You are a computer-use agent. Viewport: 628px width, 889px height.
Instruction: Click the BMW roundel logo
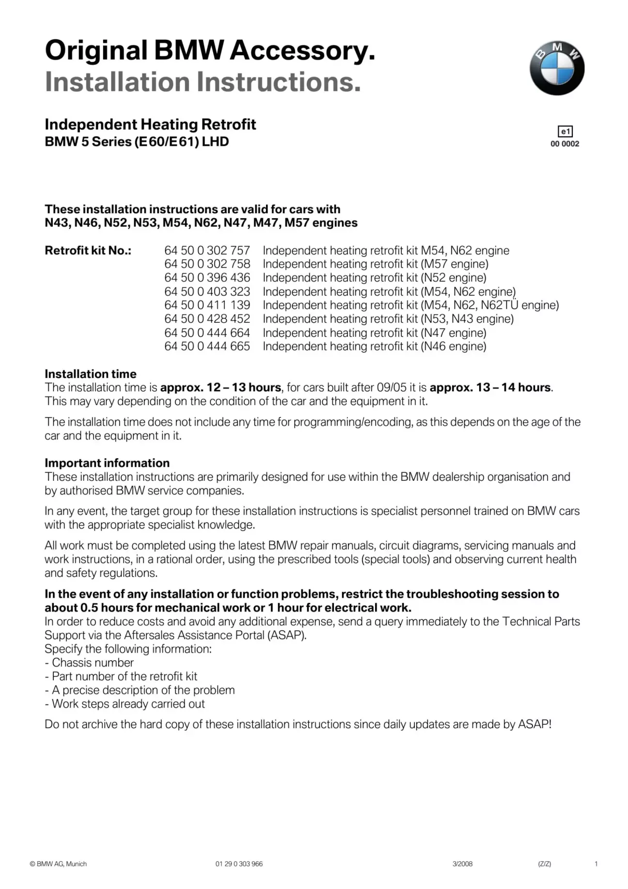(557, 68)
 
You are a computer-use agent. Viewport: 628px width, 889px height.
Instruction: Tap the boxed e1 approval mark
(565, 131)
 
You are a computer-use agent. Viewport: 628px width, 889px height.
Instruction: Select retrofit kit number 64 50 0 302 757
(207, 250)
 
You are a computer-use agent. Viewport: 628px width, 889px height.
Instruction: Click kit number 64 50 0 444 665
(207, 346)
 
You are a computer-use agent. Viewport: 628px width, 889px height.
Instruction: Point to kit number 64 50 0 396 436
(207, 278)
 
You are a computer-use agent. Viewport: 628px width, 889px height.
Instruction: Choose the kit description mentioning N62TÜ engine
(410, 305)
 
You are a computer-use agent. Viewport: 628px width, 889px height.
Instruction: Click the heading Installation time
(91, 374)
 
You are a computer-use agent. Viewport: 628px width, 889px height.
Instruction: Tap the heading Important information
(107, 463)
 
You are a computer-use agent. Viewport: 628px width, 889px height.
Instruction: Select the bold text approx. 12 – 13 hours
(220, 387)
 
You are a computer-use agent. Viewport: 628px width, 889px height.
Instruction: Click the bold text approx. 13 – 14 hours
(490, 387)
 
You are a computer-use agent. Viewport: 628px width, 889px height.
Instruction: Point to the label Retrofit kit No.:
(88, 250)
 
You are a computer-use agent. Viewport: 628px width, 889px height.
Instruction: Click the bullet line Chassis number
(89, 663)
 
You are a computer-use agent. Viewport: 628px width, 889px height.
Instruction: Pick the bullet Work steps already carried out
(125, 704)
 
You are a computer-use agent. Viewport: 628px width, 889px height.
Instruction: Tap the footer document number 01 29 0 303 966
(239, 864)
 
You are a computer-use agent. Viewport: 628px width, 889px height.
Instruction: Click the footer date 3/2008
(462, 864)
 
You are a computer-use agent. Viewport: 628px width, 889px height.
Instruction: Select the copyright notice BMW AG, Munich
(58, 864)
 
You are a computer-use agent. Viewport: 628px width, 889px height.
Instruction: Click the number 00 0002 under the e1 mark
(565, 144)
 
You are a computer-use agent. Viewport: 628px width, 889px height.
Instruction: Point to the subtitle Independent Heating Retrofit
(150, 125)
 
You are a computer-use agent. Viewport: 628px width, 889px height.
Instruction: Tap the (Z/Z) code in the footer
(544, 864)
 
